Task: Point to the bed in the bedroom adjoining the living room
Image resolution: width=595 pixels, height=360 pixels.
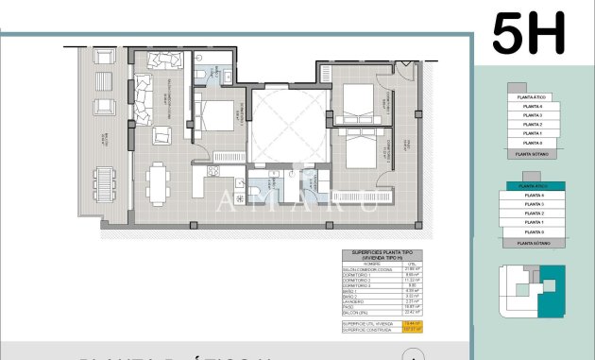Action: (218, 117)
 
